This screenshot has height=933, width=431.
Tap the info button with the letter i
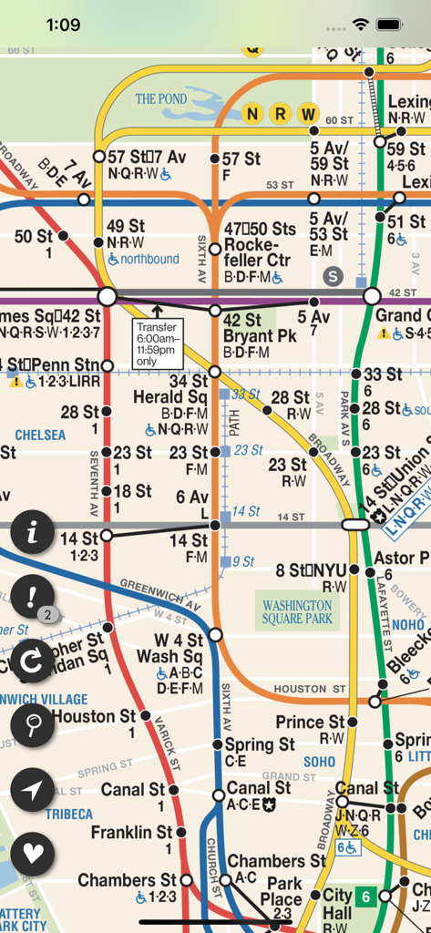tap(34, 534)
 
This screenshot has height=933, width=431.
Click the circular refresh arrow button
tap(34, 662)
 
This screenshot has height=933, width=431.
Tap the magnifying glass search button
tap(34, 726)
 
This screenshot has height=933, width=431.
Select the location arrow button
tap(34, 790)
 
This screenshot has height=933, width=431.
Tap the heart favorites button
tap(34, 854)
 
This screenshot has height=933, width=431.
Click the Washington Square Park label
tap(297, 612)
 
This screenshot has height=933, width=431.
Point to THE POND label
tap(161, 98)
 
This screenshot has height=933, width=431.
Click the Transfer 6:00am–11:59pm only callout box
tap(158, 344)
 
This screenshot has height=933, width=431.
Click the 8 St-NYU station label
tap(312, 571)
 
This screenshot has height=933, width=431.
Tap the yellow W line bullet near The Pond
tap(308, 115)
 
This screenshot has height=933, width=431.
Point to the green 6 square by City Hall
tap(366, 896)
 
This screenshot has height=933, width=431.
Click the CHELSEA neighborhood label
tap(40, 436)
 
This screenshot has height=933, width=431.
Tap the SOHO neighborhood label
tap(319, 762)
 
